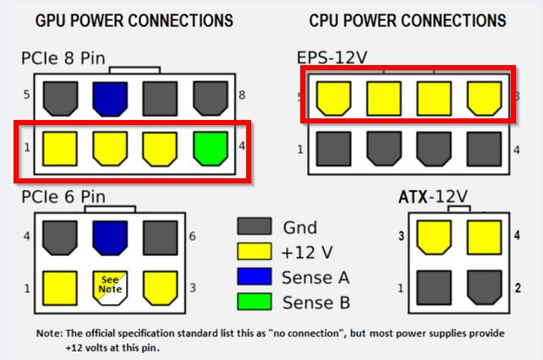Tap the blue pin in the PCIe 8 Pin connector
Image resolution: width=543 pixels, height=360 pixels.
(109, 97)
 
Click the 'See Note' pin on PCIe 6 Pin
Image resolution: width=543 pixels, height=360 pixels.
(109, 286)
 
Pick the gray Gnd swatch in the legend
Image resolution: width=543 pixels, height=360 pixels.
(255, 226)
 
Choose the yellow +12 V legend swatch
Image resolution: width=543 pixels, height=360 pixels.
(255, 251)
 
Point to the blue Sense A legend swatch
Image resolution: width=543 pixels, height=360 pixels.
(255, 275)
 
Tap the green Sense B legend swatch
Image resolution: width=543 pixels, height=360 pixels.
(255, 301)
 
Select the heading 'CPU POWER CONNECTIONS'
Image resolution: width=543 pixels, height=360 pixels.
(407, 19)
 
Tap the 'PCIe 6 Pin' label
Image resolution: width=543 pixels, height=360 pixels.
(64, 197)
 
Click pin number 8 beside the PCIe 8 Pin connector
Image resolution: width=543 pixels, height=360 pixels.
(242, 95)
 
